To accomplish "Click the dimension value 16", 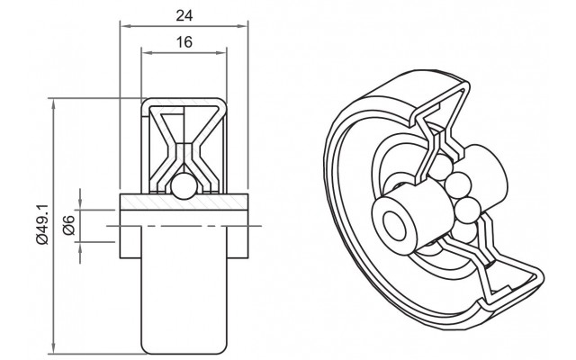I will tap(183, 41).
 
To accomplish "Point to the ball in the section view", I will tap(183, 185).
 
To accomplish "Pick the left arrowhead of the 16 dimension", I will tap(145, 53).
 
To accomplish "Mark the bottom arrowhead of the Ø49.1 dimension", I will tap(56, 349).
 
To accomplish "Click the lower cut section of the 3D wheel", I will tap(504, 270).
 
